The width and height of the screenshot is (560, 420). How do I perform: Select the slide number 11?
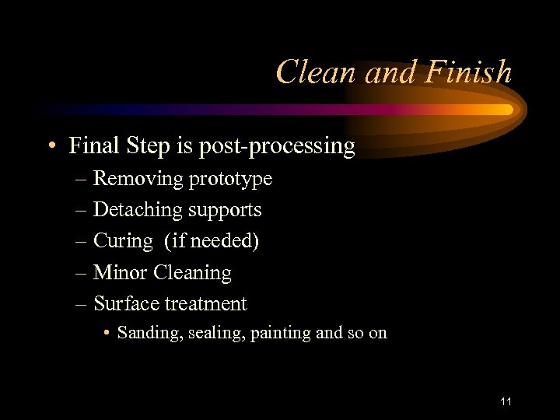[506, 401]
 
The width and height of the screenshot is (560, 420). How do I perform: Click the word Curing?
[123, 242]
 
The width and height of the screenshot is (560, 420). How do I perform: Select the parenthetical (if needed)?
[212, 241]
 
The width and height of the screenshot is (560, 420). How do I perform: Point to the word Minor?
[121, 272]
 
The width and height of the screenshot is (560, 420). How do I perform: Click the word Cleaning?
[193, 273]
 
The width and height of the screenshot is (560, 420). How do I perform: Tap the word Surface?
[127, 303]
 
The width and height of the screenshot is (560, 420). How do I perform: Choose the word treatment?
[205, 304]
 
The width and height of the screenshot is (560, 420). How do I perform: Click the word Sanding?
[144, 334]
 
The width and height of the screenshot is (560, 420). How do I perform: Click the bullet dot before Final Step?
[51, 146]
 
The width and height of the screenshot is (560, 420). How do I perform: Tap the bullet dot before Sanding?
[107, 334]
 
